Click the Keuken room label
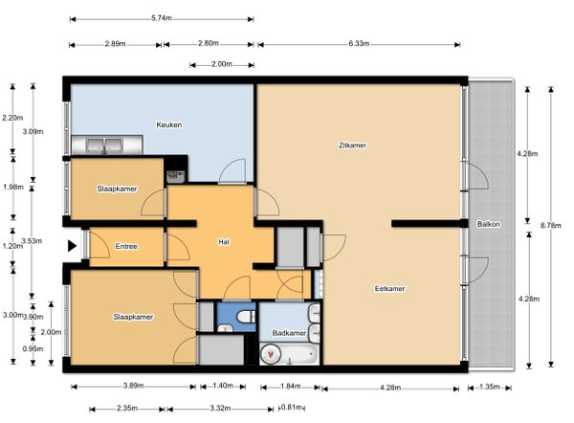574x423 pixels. tap(169, 124)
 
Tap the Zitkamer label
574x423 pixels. tap(352, 145)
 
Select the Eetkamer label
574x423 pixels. tap(390, 289)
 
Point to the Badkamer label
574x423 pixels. tap(289, 333)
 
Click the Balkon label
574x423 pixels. tap(489, 224)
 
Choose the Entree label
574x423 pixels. tap(126, 246)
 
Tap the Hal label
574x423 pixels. tap(224, 242)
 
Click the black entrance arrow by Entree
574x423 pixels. tap(72, 246)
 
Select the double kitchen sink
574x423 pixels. tap(104, 145)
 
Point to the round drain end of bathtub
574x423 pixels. tap(272, 354)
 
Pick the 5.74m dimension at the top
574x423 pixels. tap(162, 18)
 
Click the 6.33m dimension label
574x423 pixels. tap(359, 44)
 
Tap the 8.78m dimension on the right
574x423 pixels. tap(551, 226)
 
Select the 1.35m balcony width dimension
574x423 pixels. tap(490, 387)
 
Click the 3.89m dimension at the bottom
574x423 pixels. tap(133, 386)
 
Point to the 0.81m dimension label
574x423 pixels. tap(292, 408)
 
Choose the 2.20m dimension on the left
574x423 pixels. tap(12, 118)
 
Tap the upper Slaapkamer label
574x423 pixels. tap(117, 189)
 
